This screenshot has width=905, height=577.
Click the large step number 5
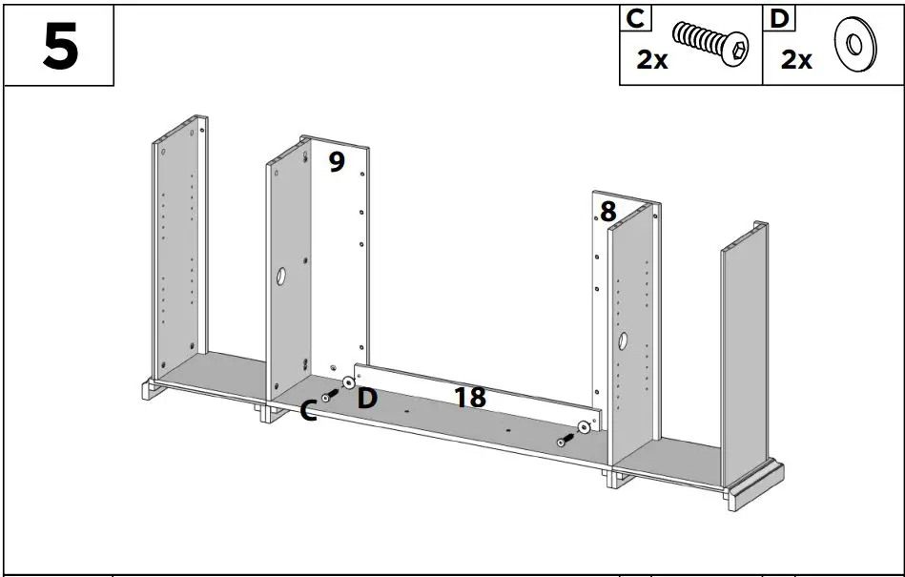click(x=60, y=46)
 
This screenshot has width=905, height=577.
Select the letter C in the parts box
click(x=633, y=19)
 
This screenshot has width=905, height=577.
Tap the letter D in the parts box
click(x=777, y=19)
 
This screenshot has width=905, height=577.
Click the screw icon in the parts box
click(x=710, y=44)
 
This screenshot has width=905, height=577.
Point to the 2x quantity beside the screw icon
click(x=652, y=60)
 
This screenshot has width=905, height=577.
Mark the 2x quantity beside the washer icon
click(x=796, y=60)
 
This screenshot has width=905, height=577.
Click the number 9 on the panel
click(x=336, y=162)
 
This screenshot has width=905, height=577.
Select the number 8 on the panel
click(x=607, y=212)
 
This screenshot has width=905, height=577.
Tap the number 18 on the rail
click(x=470, y=397)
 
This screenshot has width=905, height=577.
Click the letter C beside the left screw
click(x=308, y=412)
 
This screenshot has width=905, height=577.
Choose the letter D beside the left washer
click(x=367, y=399)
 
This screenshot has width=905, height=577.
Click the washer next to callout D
click(x=347, y=382)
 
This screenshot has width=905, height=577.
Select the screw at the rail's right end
click(x=565, y=441)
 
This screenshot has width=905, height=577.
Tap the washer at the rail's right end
click(x=583, y=428)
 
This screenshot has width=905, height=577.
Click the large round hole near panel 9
click(x=282, y=278)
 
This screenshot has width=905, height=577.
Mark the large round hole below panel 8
click(x=622, y=340)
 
